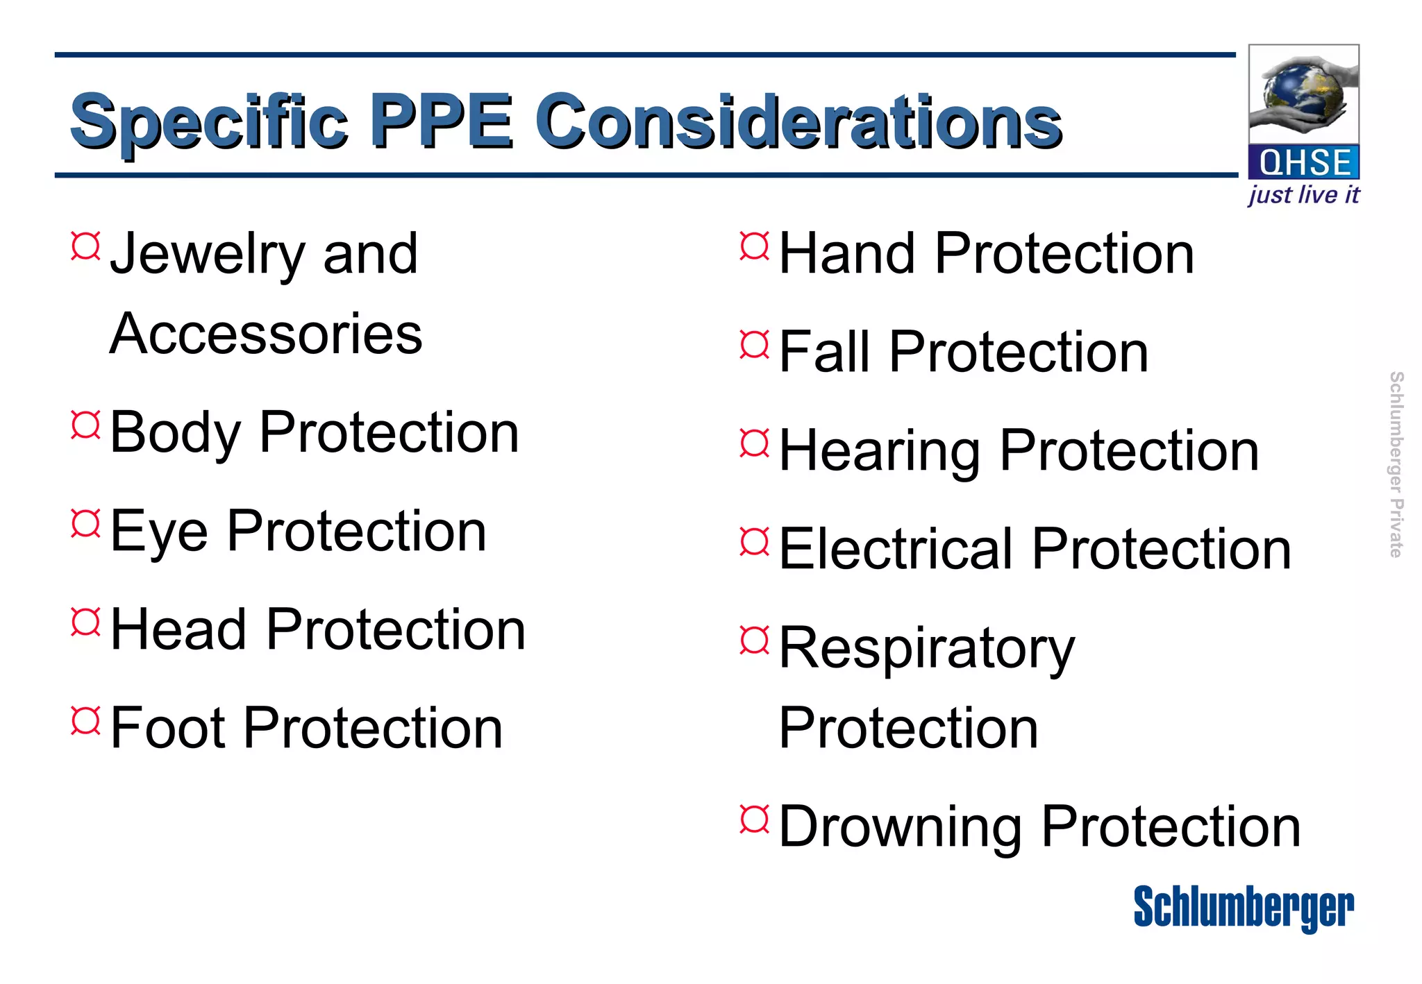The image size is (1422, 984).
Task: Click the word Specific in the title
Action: coord(208,124)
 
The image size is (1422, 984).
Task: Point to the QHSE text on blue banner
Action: coord(1304,163)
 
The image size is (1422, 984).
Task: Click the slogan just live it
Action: coord(1303,195)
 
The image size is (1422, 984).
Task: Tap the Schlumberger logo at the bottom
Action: coord(1243,908)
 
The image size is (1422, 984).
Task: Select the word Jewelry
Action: coord(207,255)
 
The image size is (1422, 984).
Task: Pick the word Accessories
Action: coord(266,334)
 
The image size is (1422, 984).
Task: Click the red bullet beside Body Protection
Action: coord(86,425)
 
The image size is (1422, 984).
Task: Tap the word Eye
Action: coord(159,532)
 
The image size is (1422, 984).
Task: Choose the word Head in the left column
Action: coord(178,629)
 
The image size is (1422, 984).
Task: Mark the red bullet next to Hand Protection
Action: coord(755,246)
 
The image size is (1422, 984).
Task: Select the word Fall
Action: coord(824,353)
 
